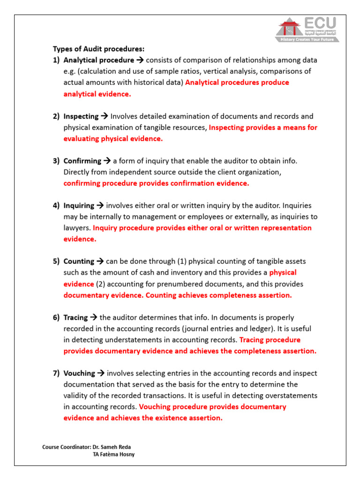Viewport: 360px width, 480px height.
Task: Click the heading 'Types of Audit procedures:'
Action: click(98, 49)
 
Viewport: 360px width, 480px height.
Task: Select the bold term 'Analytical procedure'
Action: click(98, 60)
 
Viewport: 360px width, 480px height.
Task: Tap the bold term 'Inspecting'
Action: click(81, 116)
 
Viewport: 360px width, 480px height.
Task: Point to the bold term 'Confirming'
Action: click(82, 161)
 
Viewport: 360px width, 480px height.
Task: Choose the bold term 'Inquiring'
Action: click(79, 205)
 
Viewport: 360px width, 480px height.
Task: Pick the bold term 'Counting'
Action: click(78, 262)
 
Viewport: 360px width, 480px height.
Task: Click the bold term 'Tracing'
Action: click(75, 317)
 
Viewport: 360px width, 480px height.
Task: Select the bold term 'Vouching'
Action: click(79, 373)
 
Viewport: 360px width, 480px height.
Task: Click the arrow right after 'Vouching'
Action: click(101, 373)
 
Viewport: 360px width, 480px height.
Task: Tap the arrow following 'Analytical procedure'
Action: click(140, 60)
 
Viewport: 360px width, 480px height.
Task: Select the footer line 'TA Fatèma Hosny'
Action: click(114, 455)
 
